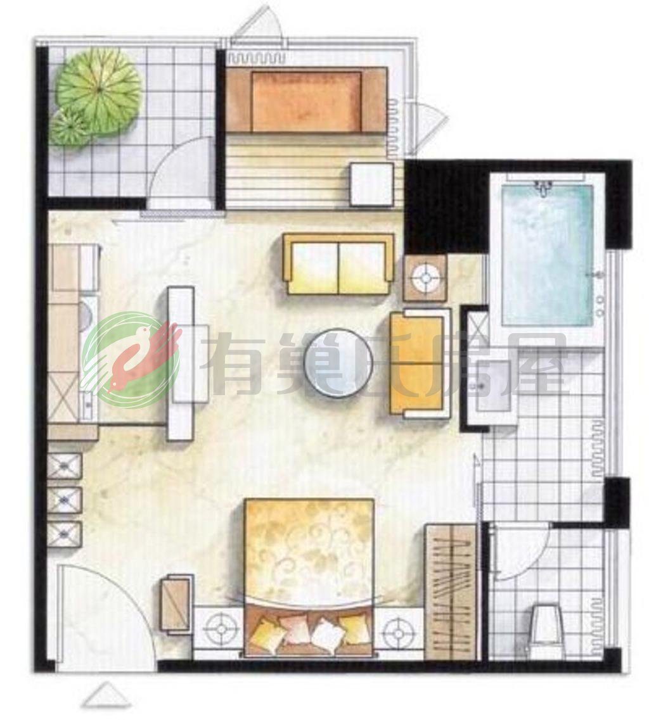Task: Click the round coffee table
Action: tap(338, 362)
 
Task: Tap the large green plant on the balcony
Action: tap(98, 88)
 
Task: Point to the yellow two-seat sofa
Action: tap(338, 263)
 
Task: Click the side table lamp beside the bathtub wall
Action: tap(425, 278)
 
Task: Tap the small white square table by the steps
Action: tap(371, 184)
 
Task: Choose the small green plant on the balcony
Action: tap(70, 125)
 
